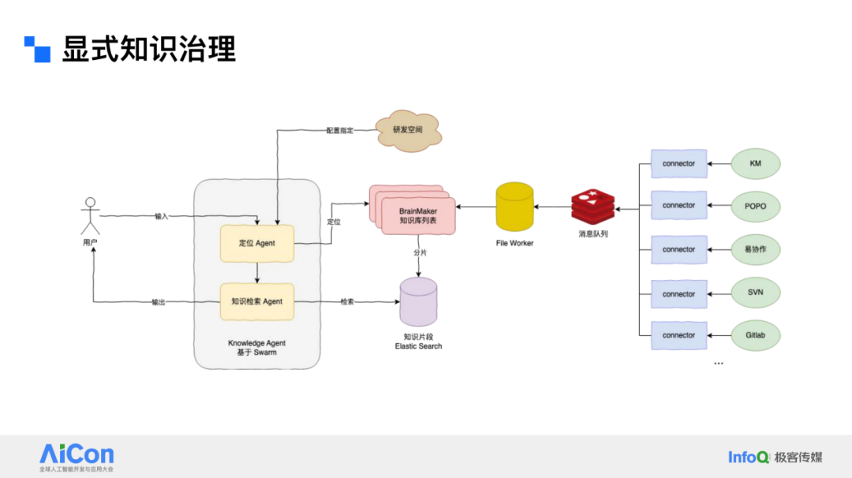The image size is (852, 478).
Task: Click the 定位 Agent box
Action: [x=257, y=244]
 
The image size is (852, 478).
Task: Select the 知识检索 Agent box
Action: [x=257, y=301]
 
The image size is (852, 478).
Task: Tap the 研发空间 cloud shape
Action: [x=407, y=131]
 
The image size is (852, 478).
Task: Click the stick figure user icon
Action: [x=90, y=215]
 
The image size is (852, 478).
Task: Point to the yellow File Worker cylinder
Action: [x=514, y=208]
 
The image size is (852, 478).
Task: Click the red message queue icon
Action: [x=593, y=207]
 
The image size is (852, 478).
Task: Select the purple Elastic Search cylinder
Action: [x=418, y=302]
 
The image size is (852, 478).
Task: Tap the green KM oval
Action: [x=755, y=163]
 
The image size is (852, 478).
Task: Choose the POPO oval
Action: [x=755, y=206]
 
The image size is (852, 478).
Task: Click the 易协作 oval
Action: [x=755, y=249]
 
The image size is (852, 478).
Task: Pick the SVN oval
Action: [x=755, y=293]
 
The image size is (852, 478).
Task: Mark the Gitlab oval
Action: [x=755, y=335]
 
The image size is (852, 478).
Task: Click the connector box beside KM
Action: [x=678, y=163]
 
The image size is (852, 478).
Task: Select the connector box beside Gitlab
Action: [x=678, y=335]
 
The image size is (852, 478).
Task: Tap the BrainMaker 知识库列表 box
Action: [x=417, y=215]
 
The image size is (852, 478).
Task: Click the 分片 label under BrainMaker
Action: [x=420, y=252]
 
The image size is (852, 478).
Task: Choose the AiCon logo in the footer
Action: [x=77, y=455]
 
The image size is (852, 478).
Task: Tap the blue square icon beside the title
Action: [x=37, y=49]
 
